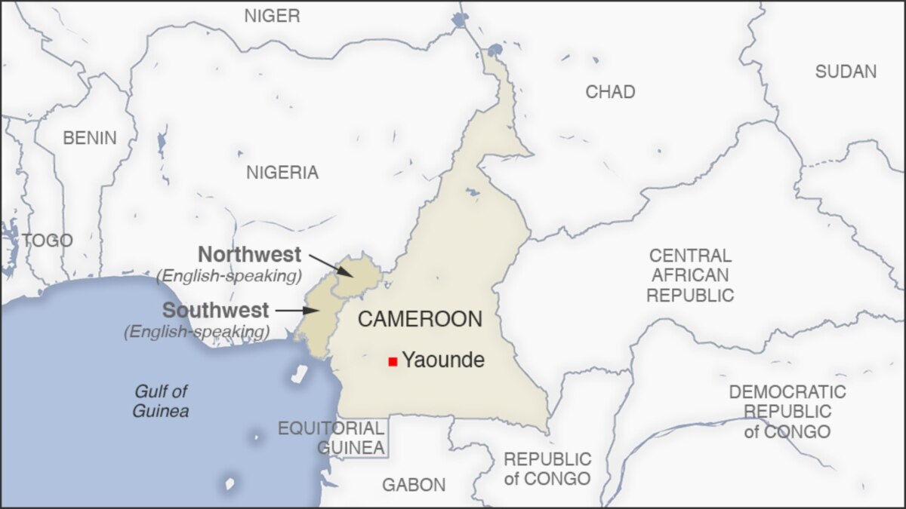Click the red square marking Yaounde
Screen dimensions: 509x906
point(393,362)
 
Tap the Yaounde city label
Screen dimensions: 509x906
point(442,360)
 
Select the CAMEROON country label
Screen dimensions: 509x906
point(420,319)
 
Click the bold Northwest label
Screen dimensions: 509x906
point(249,254)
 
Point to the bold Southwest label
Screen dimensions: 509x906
point(215,310)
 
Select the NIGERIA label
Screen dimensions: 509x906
point(282,173)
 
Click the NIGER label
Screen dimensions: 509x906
point(272,16)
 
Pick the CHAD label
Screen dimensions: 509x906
point(610,92)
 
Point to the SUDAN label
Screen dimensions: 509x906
point(846,72)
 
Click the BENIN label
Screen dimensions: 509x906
point(90,138)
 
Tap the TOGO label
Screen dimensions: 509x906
point(47,241)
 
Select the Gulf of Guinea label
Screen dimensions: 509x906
point(160,401)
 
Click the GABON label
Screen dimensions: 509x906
point(414,485)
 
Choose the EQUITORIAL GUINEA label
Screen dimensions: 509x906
point(331,437)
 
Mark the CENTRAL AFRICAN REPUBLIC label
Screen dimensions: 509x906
point(690,275)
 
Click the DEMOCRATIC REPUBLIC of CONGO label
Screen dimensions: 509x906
point(787,412)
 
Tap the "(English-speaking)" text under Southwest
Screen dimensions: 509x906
point(196,331)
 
